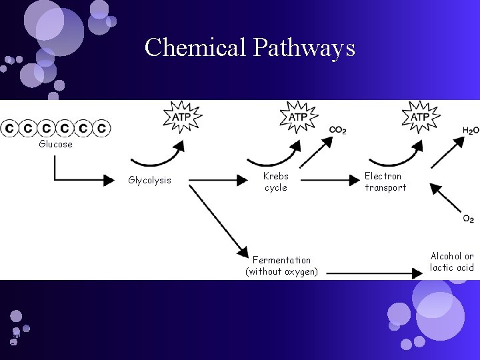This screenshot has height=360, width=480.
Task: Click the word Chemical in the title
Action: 195,47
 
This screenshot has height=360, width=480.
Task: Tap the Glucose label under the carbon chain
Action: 56,144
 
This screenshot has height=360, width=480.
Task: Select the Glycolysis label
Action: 149,180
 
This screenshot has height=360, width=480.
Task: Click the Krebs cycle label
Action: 275,182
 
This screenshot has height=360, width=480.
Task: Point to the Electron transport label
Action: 385,182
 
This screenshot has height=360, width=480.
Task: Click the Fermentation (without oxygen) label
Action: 281,265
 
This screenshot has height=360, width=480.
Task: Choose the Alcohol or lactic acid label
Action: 451,262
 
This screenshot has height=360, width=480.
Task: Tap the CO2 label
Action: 337,131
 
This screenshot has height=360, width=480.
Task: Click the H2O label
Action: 470,131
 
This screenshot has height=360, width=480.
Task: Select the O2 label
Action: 469,219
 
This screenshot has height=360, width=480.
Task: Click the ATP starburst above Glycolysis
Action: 182,117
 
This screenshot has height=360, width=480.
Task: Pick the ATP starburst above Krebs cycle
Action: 297,117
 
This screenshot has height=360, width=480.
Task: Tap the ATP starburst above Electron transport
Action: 419,117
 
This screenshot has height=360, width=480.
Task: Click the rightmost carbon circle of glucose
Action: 101,128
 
